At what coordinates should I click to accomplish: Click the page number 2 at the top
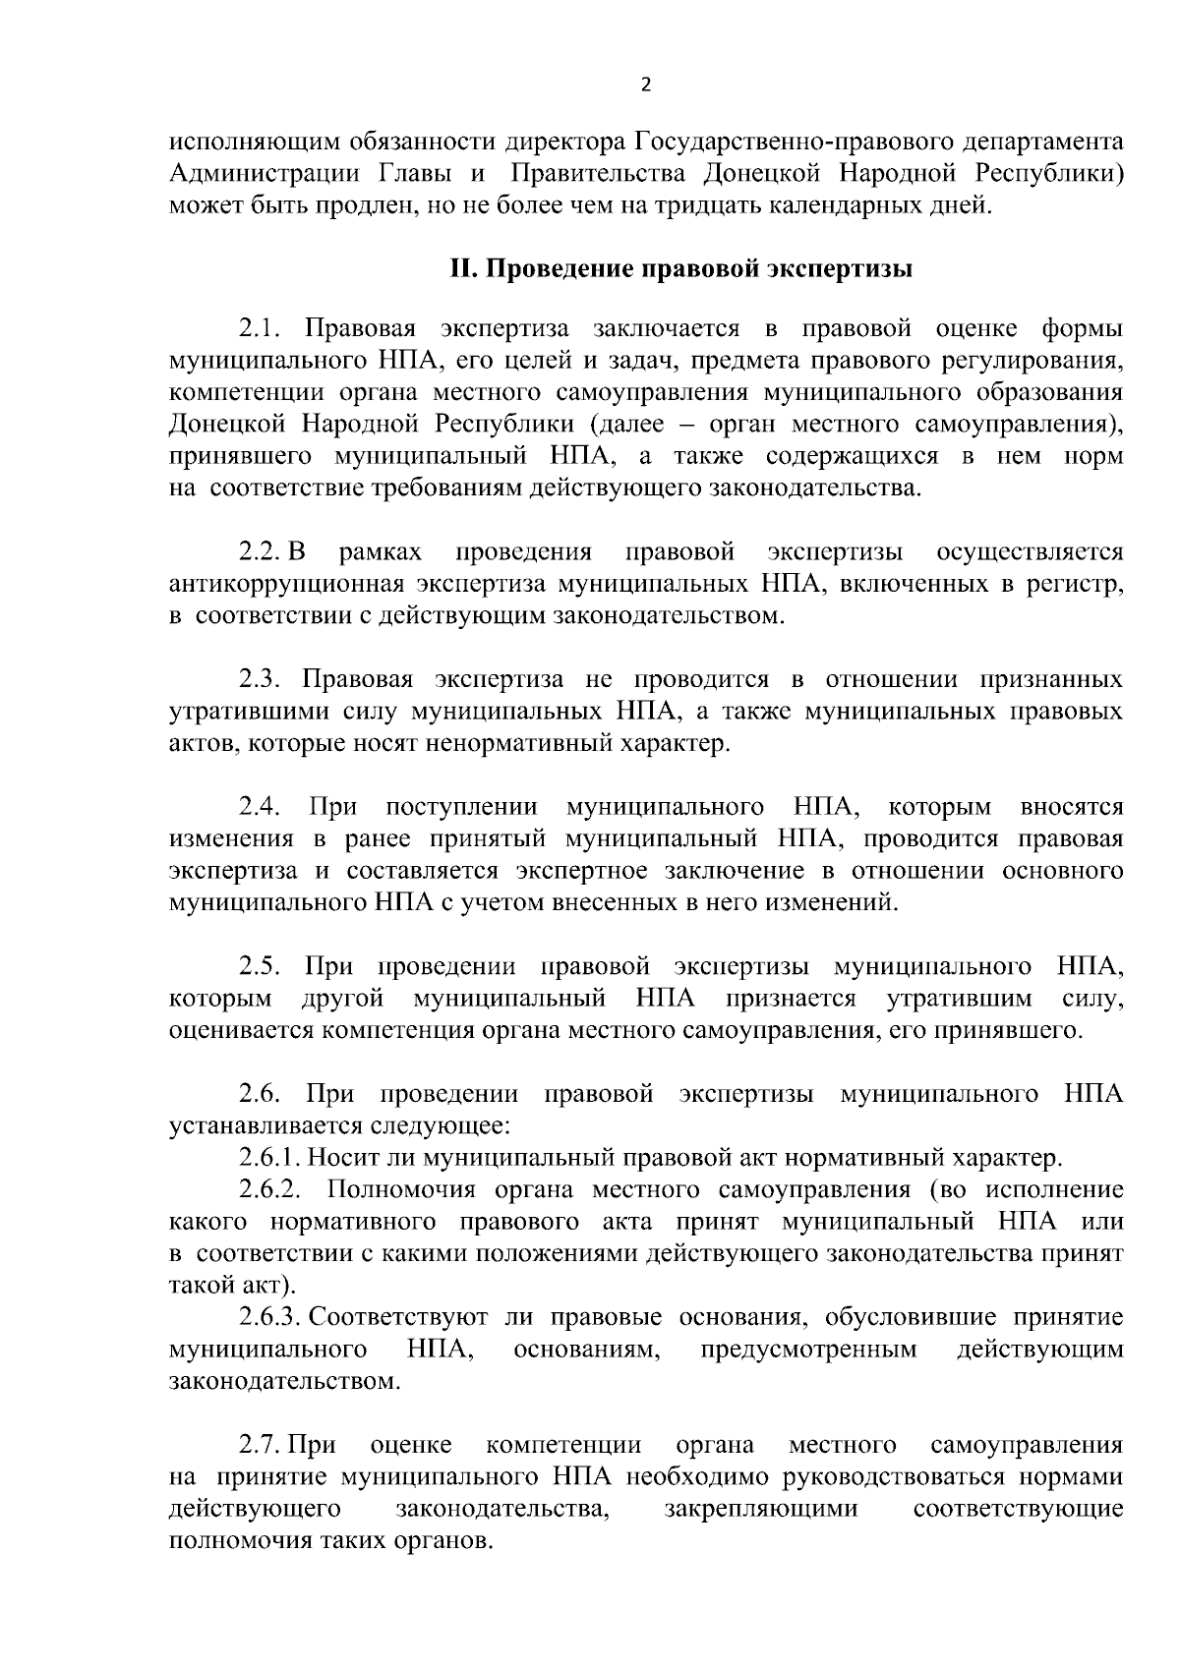(645, 85)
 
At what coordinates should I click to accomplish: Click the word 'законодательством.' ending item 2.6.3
(285, 1382)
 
